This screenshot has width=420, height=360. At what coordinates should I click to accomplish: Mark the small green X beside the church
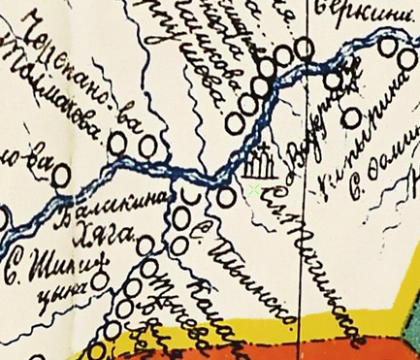coord(254,190)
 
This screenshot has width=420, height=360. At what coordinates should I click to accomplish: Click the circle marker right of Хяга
coord(145,245)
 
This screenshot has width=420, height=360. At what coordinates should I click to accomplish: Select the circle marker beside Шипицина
coord(100,281)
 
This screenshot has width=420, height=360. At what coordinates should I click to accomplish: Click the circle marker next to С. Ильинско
coord(226,197)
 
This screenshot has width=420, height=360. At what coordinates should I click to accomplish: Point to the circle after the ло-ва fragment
coord(63,176)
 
